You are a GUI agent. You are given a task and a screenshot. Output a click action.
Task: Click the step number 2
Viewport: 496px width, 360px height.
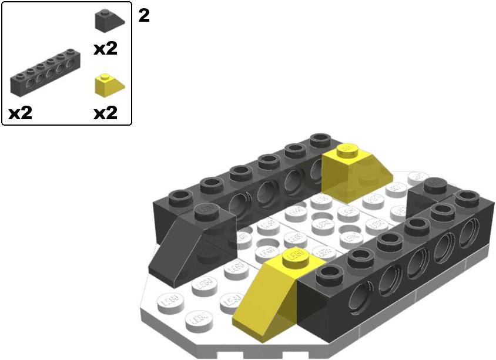click(x=144, y=15)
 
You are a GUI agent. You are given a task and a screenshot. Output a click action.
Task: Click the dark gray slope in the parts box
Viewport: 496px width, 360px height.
click(x=109, y=21)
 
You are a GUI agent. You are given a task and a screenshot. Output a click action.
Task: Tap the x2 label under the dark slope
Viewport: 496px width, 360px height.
click(x=105, y=49)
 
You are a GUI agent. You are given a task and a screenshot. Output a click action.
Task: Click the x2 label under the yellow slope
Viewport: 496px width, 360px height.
click(x=105, y=113)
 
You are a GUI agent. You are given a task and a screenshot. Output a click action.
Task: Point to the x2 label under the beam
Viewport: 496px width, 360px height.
click(x=21, y=113)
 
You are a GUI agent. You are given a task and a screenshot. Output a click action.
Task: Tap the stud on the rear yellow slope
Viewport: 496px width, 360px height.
click(x=347, y=150)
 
